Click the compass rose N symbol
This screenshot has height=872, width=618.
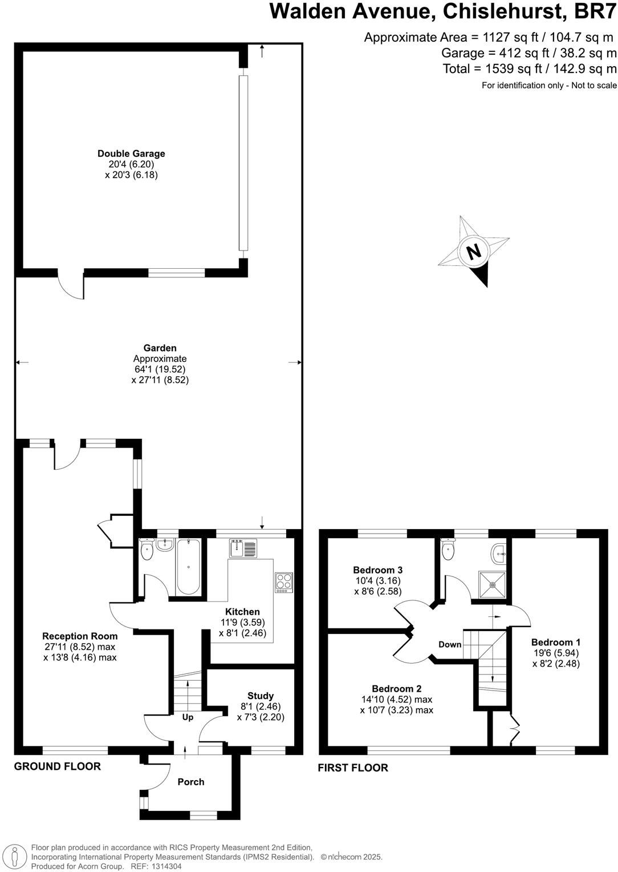[x=473, y=251]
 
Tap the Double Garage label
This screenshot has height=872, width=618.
[x=131, y=154]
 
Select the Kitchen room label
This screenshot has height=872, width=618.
[x=242, y=612]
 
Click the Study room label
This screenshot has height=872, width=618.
[x=261, y=696]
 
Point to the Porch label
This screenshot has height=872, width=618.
[x=190, y=782]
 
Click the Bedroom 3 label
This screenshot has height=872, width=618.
[x=377, y=570]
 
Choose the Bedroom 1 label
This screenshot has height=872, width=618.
[x=556, y=642]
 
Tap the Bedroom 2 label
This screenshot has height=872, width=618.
[x=396, y=688]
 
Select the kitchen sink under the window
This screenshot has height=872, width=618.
[x=243, y=548]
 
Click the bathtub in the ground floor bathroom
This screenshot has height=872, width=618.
[x=188, y=567]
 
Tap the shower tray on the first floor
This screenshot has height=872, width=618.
[x=491, y=583]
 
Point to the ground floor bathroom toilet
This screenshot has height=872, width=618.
[x=147, y=551]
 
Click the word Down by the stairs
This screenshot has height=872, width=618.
[x=450, y=644]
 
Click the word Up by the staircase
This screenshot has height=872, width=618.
[x=188, y=717]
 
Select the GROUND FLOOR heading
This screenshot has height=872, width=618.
[x=57, y=766]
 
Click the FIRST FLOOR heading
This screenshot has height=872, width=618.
[x=353, y=768]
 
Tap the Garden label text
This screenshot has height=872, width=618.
[x=160, y=348]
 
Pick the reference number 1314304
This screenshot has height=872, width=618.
[x=164, y=866]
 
